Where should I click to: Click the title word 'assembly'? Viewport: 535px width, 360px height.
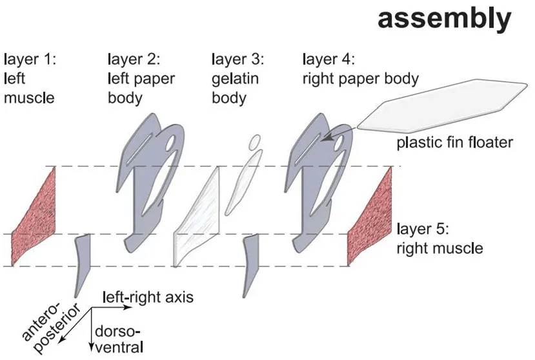(444, 19)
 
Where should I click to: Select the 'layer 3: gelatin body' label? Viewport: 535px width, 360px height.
(237, 79)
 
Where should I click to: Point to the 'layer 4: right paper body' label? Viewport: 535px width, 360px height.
(361, 70)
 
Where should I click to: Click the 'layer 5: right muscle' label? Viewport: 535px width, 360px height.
(439, 237)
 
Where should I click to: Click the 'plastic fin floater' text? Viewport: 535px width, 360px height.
(454, 142)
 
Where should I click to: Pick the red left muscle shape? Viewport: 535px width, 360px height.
(37, 215)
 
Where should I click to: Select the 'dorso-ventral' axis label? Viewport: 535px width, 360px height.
(118, 339)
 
